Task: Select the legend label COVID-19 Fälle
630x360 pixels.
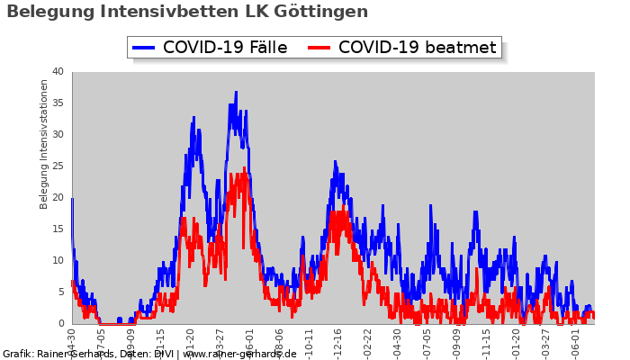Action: pyautogui.click(x=225, y=48)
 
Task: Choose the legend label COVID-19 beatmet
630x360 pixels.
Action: pyautogui.click(x=417, y=48)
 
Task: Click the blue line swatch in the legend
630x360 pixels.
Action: pyautogui.click(x=144, y=48)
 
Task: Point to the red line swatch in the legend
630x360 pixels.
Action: pyautogui.click(x=319, y=48)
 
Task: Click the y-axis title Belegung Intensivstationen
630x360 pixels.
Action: pyautogui.click(x=44, y=144)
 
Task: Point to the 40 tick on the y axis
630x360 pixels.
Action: pyautogui.click(x=57, y=72)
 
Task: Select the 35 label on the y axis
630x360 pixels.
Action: pyautogui.click(x=57, y=103)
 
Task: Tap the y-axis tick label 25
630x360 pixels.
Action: pyautogui.click(x=57, y=166)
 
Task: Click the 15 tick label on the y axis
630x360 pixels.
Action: pyautogui.click(x=57, y=229)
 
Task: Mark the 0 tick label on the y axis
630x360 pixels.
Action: pyautogui.click(x=60, y=324)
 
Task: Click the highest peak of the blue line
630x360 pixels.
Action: pyautogui.click(x=236, y=92)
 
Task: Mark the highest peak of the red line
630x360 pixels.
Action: pyautogui.click(x=244, y=168)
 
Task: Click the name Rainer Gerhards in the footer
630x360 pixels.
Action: pyautogui.click(x=77, y=354)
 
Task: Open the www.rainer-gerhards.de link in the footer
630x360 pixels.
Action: pyautogui.click(x=239, y=354)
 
